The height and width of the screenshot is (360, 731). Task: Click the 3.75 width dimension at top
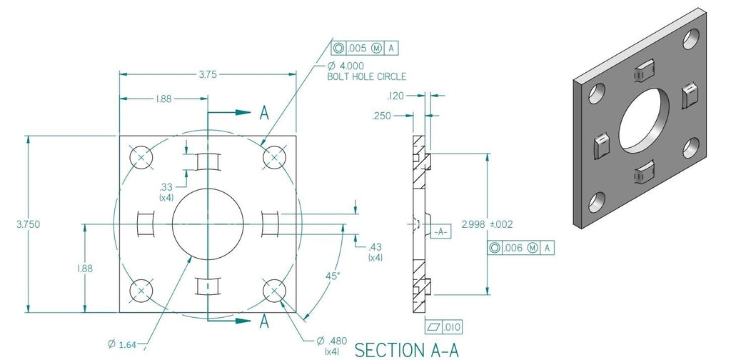click(x=207, y=73)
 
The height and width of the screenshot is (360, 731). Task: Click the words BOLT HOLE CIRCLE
click(x=366, y=76)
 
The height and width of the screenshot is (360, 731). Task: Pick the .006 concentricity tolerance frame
click(x=521, y=248)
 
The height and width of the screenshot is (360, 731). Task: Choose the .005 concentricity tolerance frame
click(x=364, y=49)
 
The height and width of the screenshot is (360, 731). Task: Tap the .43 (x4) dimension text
click(x=375, y=251)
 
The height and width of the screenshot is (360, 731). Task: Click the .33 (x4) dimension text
click(x=166, y=191)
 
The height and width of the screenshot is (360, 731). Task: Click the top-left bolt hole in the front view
click(x=141, y=157)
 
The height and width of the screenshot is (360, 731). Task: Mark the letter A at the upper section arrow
click(x=264, y=113)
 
